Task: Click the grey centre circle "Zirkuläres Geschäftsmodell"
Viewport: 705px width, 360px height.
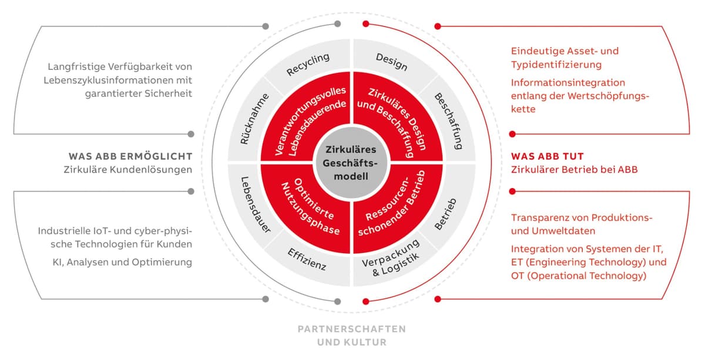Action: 351,163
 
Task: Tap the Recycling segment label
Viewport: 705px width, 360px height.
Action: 308,64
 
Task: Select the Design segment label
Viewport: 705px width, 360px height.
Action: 392,62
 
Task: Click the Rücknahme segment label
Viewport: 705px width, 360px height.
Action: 254,119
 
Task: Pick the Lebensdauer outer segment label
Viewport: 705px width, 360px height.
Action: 255,205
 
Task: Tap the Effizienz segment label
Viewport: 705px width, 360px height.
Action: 307,260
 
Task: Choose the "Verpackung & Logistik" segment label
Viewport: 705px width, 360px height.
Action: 391,258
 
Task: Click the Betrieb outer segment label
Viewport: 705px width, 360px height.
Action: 445,214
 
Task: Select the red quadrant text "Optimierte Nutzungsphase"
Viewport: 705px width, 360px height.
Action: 310,207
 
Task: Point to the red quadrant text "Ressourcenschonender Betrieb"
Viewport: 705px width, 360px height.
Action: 391,204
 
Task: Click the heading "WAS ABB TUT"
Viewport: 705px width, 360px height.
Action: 548,156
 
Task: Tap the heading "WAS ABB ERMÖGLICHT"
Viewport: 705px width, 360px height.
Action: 130,156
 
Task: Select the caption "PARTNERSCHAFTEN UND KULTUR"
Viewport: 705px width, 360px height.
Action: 352,335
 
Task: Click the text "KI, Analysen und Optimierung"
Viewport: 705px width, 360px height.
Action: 122,262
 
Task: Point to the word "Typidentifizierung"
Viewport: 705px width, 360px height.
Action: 556,65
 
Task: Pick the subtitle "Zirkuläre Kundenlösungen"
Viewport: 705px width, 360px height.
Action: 128,170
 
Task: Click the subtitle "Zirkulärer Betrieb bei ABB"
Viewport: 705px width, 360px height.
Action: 574,170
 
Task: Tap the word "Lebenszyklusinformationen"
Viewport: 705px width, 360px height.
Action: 108,80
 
